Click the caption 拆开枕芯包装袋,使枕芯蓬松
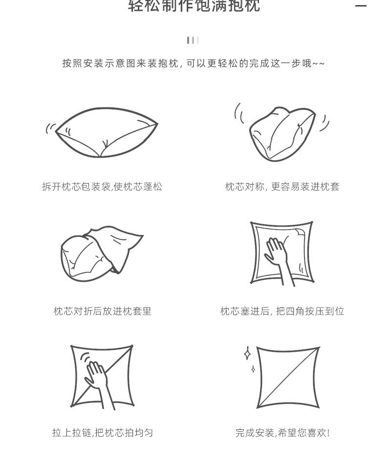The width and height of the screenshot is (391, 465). click(102, 187)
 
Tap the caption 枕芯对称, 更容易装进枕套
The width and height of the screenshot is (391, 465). click(282, 187)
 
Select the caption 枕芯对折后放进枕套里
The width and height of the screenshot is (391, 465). click(102, 311)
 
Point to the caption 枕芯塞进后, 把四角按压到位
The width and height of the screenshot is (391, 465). click(282, 311)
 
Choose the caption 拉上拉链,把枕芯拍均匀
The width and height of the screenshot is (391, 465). click(102, 433)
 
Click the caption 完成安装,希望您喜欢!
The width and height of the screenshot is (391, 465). click(282, 433)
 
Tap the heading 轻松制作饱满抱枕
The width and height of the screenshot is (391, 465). click(194, 6)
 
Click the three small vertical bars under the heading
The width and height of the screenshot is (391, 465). click(193, 40)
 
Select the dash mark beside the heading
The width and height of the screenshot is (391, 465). click(361, 6)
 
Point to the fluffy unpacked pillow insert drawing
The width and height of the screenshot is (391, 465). click(107, 133)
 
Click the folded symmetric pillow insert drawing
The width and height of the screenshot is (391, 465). click(281, 133)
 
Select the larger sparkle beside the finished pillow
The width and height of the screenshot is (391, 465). click(247, 353)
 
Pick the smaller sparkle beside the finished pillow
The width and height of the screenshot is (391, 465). click(253, 369)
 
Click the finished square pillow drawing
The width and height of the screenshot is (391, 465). click(288, 377)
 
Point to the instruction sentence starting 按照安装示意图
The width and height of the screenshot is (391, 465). click(193, 64)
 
